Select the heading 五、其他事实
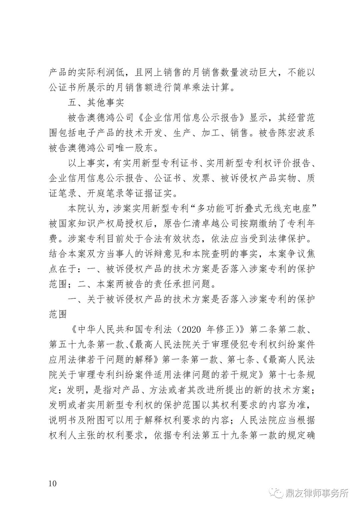pos(96,103)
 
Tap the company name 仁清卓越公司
pos(201,223)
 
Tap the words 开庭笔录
pos(106,193)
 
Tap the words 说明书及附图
pos(77,420)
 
